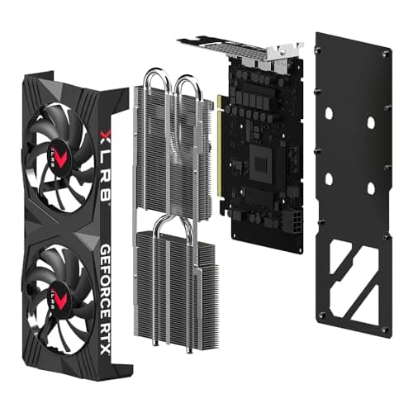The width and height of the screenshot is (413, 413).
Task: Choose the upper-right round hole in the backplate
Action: (369, 122)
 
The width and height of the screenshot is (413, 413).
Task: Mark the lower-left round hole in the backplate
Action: (329, 178)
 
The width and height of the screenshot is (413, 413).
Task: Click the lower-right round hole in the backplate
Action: (369, 188)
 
